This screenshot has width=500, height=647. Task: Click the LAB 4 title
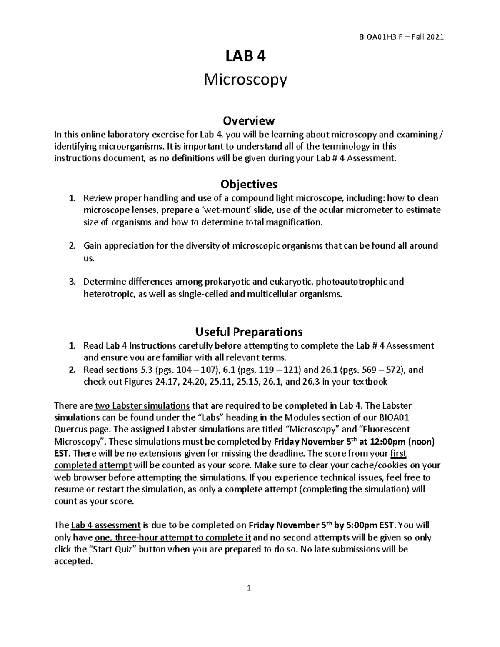245,56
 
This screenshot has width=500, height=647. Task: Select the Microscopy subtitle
245,80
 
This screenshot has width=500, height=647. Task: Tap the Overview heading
249,121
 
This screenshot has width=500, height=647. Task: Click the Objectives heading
249,184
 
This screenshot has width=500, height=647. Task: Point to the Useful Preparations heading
249,332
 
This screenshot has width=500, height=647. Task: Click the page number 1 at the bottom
249,588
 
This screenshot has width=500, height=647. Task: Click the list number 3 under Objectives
72,282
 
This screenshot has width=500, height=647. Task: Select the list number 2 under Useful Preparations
72,370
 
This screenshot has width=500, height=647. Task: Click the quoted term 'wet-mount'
233,210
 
